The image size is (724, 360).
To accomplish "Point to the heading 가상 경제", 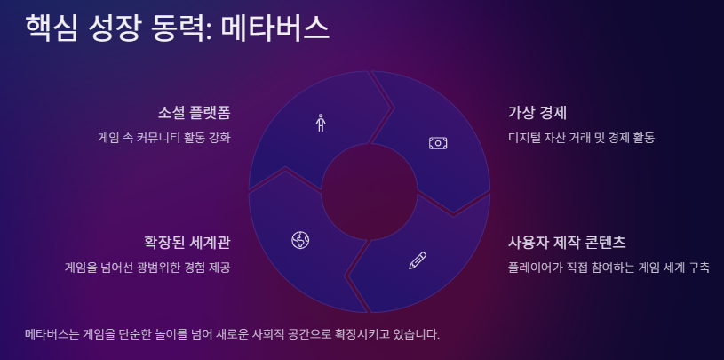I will point(537,113).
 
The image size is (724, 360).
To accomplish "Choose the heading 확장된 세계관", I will point(187,242).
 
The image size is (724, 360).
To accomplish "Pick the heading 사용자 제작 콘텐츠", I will point(567,242).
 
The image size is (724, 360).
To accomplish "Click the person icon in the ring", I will point(321,123).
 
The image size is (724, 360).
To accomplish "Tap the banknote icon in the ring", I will point(438,142).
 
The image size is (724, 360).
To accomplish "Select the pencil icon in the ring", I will point(417,260).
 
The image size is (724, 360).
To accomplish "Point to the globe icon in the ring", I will point(300,239).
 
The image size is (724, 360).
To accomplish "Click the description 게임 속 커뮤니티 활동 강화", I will point(164,138).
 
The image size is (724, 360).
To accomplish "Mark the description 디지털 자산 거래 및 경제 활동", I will point(581,138).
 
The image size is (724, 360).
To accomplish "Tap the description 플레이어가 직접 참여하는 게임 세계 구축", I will point(609,267).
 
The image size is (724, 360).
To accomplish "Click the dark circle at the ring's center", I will point(369,190).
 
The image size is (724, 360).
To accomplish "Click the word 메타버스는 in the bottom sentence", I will point(52,334).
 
